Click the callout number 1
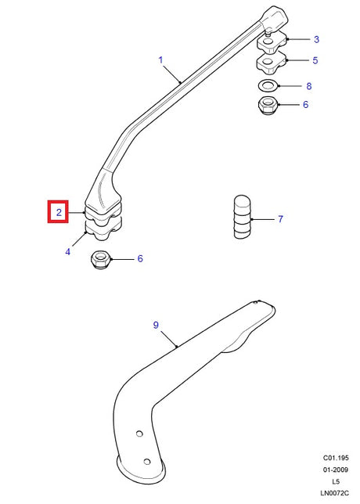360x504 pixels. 160,59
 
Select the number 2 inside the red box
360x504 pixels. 59,212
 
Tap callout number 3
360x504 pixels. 316,40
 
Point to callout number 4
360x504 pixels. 67,252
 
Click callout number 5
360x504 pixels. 315,60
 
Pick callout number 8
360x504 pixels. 308,86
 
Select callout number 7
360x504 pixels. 281,219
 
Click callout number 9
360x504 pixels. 156,325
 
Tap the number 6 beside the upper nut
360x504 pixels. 305,104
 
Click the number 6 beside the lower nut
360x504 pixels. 140,259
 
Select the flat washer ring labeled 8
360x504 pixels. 268,86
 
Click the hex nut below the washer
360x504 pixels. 268,105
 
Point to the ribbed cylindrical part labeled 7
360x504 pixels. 242,217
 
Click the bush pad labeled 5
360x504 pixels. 271,63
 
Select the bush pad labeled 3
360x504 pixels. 272,41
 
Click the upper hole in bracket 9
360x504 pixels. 139,434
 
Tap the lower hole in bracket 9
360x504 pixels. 147,462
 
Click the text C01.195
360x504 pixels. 336,458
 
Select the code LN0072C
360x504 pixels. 334,493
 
